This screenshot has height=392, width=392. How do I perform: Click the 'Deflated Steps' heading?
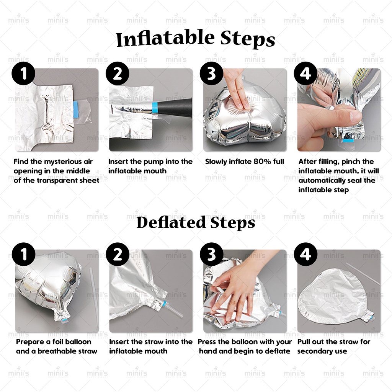pos(196,222)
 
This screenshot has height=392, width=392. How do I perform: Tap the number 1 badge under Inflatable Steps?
pos(23,73)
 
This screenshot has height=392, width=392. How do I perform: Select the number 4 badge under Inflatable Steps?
pos(305,73)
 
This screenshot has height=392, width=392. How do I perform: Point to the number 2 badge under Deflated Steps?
pos(118,254)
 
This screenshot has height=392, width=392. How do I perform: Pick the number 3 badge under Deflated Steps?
pos(211,254)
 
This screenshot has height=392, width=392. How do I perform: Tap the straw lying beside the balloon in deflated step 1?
pos(94,297)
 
